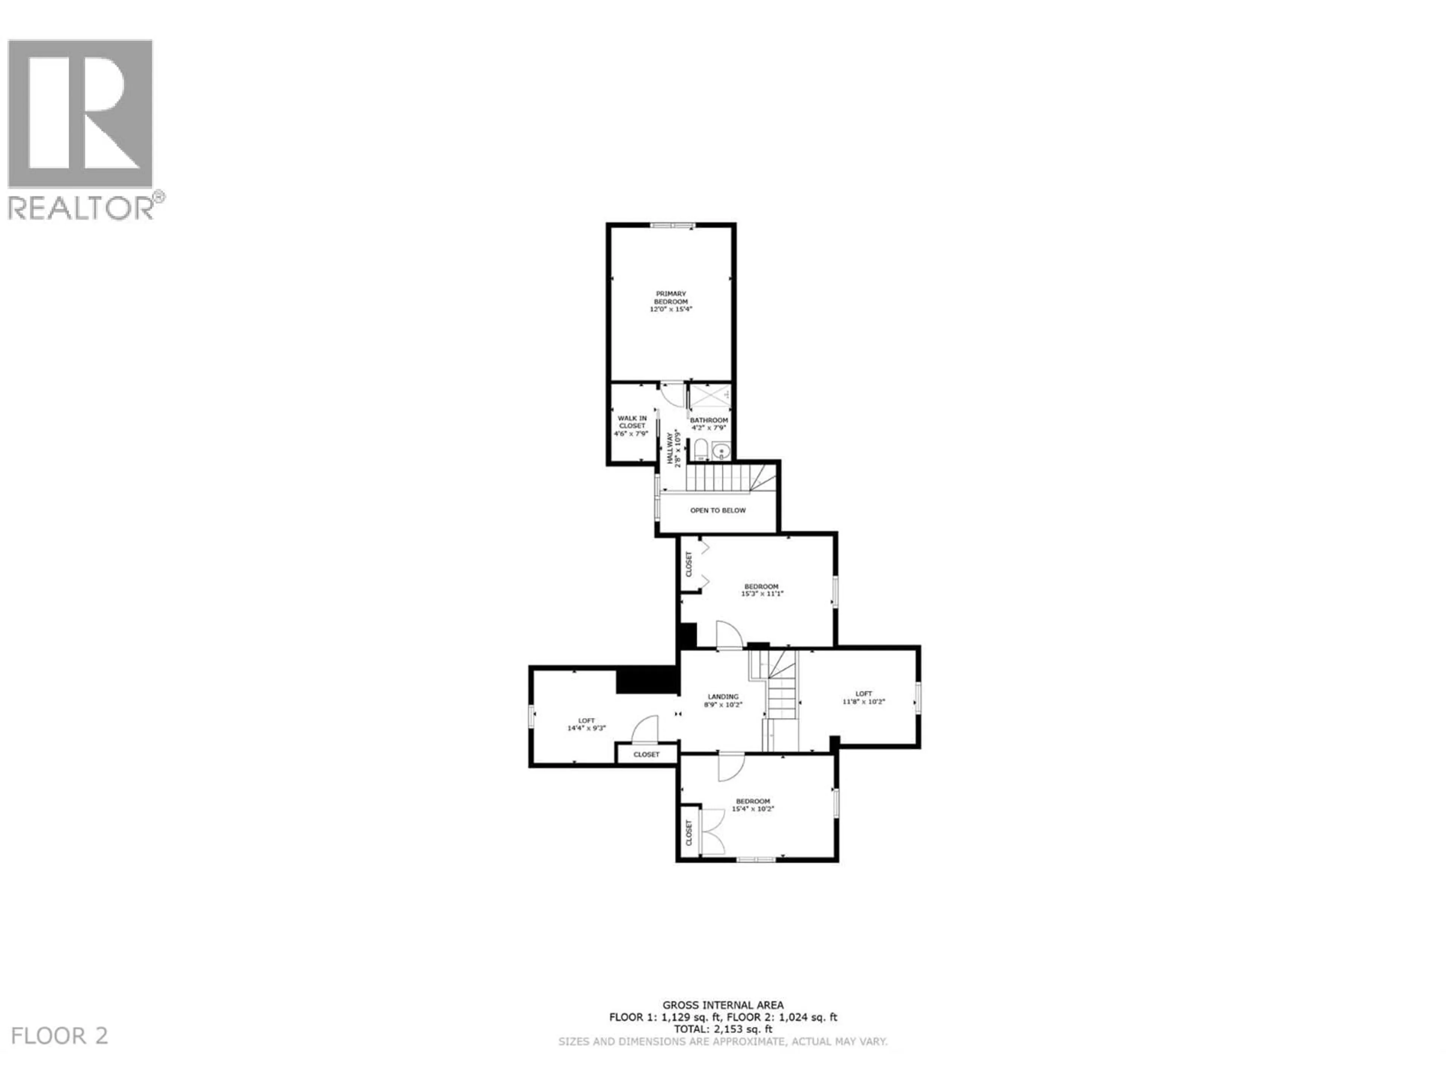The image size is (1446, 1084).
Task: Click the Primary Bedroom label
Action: tap(671, 301)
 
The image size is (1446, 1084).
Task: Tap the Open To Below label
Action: tap(718, 510)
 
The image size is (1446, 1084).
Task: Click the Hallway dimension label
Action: tap(674, 449)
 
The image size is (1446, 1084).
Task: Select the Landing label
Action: tap(723, 700)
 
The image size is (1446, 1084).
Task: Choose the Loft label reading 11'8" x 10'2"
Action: tap(863, 697)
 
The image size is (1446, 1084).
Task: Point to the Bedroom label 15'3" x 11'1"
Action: tap(761, 590)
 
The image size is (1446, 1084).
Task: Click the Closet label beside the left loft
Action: tap(647, 754)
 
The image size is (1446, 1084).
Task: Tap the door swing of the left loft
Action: tap(645, 729)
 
